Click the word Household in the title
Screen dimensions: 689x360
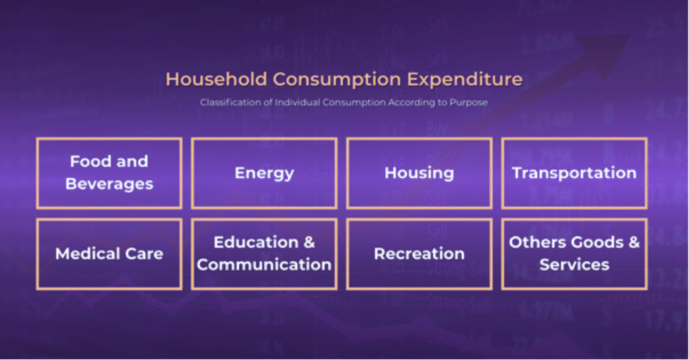coord(216,79)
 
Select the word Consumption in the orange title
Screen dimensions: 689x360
coord(336,80)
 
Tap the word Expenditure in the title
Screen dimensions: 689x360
coord(464,79)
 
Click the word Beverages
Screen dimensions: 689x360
coord(110,184)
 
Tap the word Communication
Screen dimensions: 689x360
coord(264,264)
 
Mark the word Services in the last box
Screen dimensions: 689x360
coord(575,264)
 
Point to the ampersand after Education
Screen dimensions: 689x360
coord(310,242)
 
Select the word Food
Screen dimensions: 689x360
coord(89,161)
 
